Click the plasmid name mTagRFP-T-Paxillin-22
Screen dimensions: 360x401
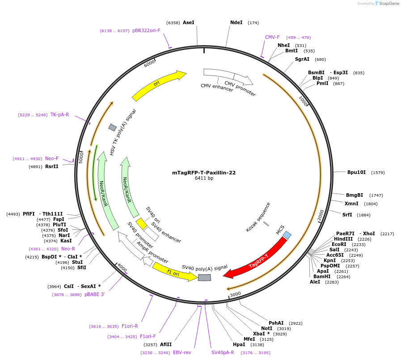[204, 173]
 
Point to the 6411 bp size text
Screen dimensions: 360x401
[204, 178]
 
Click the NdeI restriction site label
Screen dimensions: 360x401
[236, 22]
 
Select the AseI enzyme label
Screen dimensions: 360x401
[189, 22]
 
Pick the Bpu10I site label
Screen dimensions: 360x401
[356, 172]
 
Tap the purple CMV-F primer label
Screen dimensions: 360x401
[272, 37]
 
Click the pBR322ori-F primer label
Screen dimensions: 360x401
[146, 30]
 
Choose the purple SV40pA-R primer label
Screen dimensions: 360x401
[223, 352]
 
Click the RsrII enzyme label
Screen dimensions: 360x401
[52, 166]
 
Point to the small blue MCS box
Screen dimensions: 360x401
[287, 235]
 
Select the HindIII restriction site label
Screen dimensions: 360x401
[343, 239]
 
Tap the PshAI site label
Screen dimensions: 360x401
[276, 323]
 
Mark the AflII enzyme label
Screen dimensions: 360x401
[166, 344]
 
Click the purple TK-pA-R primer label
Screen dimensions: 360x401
[59, 114]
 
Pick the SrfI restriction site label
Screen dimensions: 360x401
[347, 215]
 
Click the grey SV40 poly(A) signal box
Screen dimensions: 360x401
[204, 278]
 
